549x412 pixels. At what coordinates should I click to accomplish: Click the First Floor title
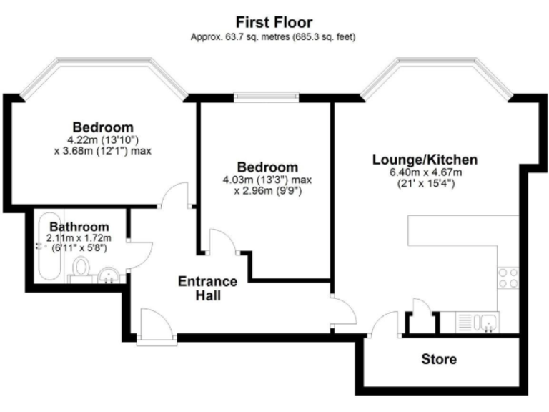(275, 22)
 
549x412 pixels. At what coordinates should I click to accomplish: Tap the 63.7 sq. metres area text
(274, 36)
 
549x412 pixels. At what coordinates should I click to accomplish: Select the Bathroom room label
(79, 227)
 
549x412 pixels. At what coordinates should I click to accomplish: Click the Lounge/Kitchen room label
(425, 160)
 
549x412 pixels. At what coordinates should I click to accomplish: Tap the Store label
(439, 359)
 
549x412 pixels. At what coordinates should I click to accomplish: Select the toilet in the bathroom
(80, 270)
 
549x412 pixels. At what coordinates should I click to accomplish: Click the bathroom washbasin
(109, 274)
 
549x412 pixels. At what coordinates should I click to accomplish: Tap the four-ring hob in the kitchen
(508, 278)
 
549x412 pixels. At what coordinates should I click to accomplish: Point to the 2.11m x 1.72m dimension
(79, 237)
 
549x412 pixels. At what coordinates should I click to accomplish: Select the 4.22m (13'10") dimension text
(107, 139)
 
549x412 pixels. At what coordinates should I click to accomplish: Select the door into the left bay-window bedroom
(174, 195)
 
